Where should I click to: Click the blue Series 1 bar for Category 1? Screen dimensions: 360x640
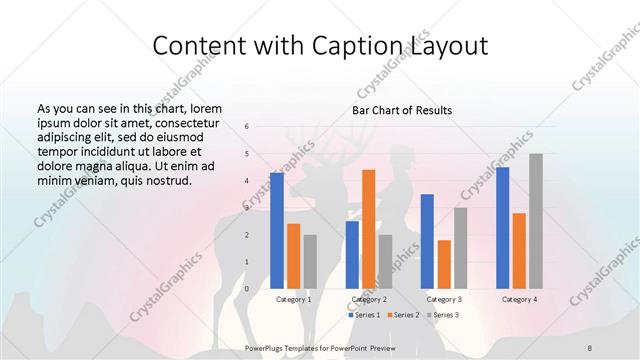click(x=277, y=230)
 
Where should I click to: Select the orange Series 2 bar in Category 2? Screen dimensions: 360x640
click(x=369, y=229)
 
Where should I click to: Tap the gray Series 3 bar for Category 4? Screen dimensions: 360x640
click(x=536, y=221)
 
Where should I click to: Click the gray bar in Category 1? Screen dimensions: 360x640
click(x=310, y=262)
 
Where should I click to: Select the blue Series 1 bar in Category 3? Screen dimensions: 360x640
click(x=427, y=241)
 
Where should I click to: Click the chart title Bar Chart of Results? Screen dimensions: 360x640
click(x=401, y=110)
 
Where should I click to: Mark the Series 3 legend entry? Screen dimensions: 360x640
click(x=444, y=315)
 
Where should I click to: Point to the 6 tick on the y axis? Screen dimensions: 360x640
click(x=247, y=127)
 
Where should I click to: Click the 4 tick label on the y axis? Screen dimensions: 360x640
click(x=247, y=181)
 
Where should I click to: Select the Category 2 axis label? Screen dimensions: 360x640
click(x=369, y=299)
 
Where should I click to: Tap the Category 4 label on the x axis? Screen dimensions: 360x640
click(x=519, y=299)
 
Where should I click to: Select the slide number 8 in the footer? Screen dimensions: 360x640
click(x=590, y=345)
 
